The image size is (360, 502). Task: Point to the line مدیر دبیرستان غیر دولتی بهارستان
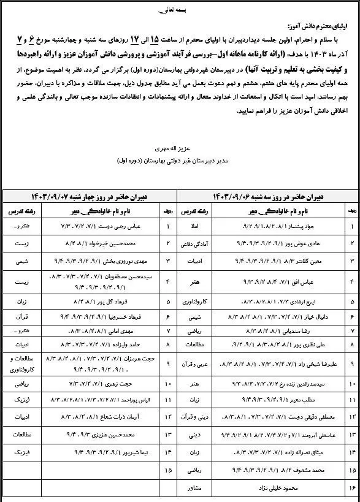click(182, 162)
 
